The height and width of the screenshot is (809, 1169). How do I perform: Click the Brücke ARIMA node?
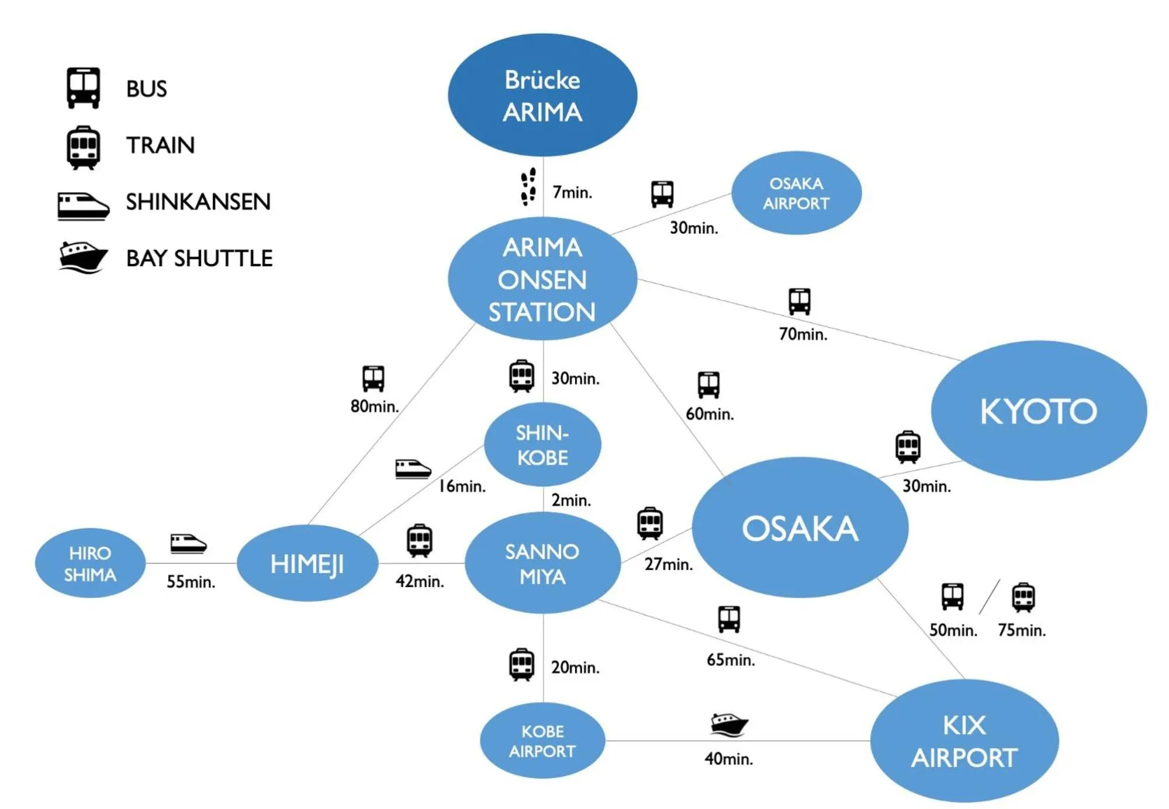point(542,95)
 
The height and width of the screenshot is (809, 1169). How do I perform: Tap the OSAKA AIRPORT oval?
point(796,193)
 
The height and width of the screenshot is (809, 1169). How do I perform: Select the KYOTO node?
point(1039,411)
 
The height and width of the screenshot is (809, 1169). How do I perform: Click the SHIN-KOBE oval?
point(542,445)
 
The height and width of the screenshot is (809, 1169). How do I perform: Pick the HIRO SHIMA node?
point(90,564)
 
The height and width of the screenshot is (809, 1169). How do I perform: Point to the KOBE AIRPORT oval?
point(542,741)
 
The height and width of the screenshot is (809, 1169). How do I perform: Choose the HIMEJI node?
point(307,564)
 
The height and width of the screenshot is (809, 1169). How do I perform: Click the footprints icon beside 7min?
point(528,187)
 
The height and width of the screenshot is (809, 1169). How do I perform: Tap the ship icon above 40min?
point(729,725)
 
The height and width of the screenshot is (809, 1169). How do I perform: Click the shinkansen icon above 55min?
point(188,543)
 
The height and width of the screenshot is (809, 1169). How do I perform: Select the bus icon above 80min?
point(373,379)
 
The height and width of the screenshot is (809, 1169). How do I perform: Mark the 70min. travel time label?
point(803,334)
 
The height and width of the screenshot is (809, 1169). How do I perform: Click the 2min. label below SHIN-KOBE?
point(571,500)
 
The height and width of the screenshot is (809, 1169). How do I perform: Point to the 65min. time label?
point(731,660)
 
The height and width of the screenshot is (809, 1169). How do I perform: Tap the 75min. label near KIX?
point(1022,630)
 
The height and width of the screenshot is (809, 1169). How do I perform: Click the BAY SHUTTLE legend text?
point(199,258)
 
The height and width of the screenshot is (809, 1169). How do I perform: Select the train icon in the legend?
point(84,147)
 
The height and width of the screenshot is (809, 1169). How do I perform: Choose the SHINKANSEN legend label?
point(198,202)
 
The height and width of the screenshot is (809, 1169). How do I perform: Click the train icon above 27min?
point(650,523)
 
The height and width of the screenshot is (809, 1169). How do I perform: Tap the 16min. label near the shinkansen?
point(462,486)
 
